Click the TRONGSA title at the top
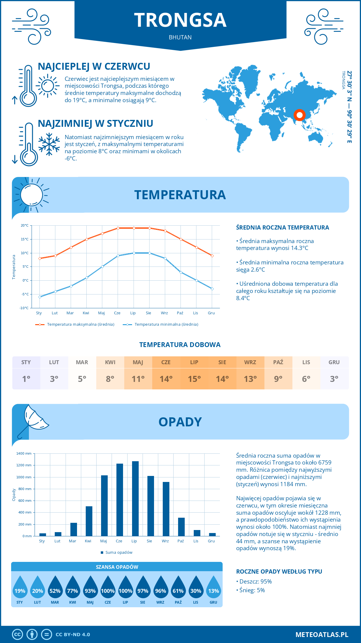(180, 20)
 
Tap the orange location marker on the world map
(299, 115)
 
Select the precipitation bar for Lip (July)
(135, 498)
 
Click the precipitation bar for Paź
(181, 527)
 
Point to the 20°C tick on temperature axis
(25, 225)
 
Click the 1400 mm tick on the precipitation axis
(24, 453)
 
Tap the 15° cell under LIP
(194, 379)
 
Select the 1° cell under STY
(26, 379)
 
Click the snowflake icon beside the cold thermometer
(49, 144)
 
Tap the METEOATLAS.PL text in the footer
(322, 634)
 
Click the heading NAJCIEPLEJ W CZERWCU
(94, 66)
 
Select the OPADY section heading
(180, 422)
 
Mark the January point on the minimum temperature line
(40, 297)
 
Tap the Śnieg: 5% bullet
(251, 590)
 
